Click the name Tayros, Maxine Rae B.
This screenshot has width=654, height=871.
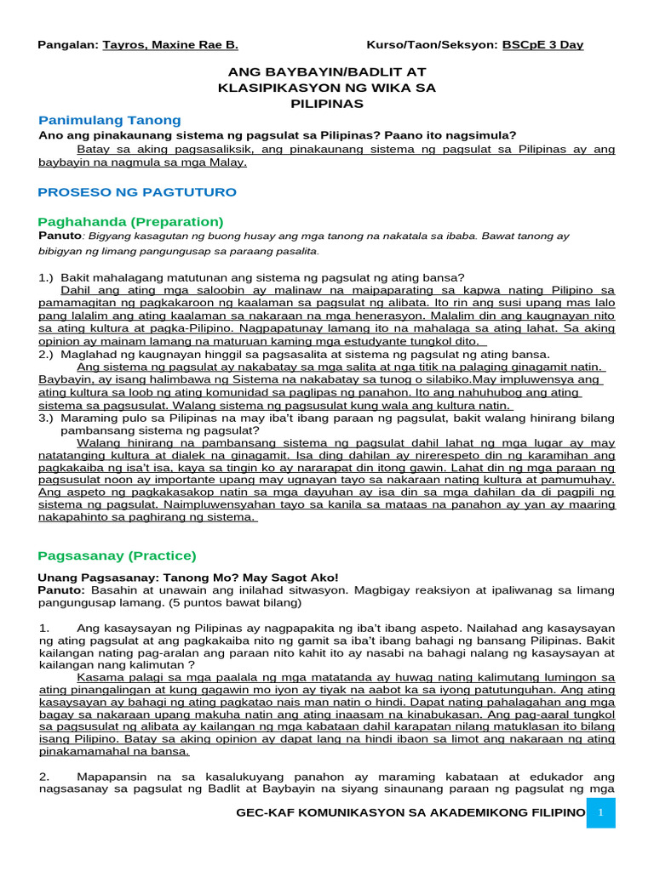tap(170, 44)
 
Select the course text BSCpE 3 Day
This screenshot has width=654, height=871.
tap(542, 44)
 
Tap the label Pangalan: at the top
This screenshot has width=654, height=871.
tap(68, 44)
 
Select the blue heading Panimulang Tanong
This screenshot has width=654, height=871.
tap(110, 120)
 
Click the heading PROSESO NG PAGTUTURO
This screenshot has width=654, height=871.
tap(137, 192)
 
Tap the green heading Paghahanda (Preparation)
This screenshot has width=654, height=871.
tap(130, 221)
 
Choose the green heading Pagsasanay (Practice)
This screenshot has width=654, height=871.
tap(117, 555)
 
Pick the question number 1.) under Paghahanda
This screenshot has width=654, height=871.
tap(47, 277)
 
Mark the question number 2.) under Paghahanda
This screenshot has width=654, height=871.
tap(47, 354)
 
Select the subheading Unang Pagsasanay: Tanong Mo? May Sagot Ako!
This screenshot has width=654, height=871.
tap(188, 578)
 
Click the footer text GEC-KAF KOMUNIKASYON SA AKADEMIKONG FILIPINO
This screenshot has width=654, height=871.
tap(411, 814)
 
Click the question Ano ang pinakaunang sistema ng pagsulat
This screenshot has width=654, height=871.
tap(278, 135)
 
